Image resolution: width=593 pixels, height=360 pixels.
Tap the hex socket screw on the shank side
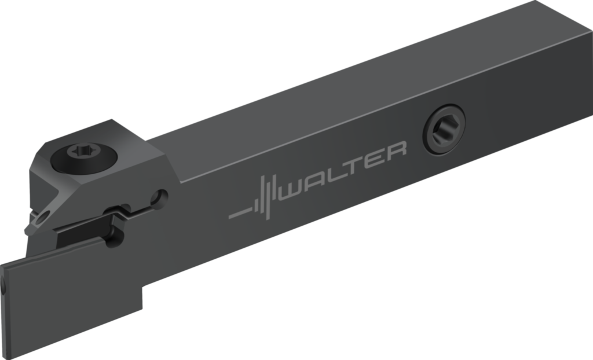[x=444, y=128]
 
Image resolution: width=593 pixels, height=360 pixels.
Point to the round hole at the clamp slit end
[x=160, y=197]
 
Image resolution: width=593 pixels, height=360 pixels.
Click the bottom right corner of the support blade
[x=142, y=306]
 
